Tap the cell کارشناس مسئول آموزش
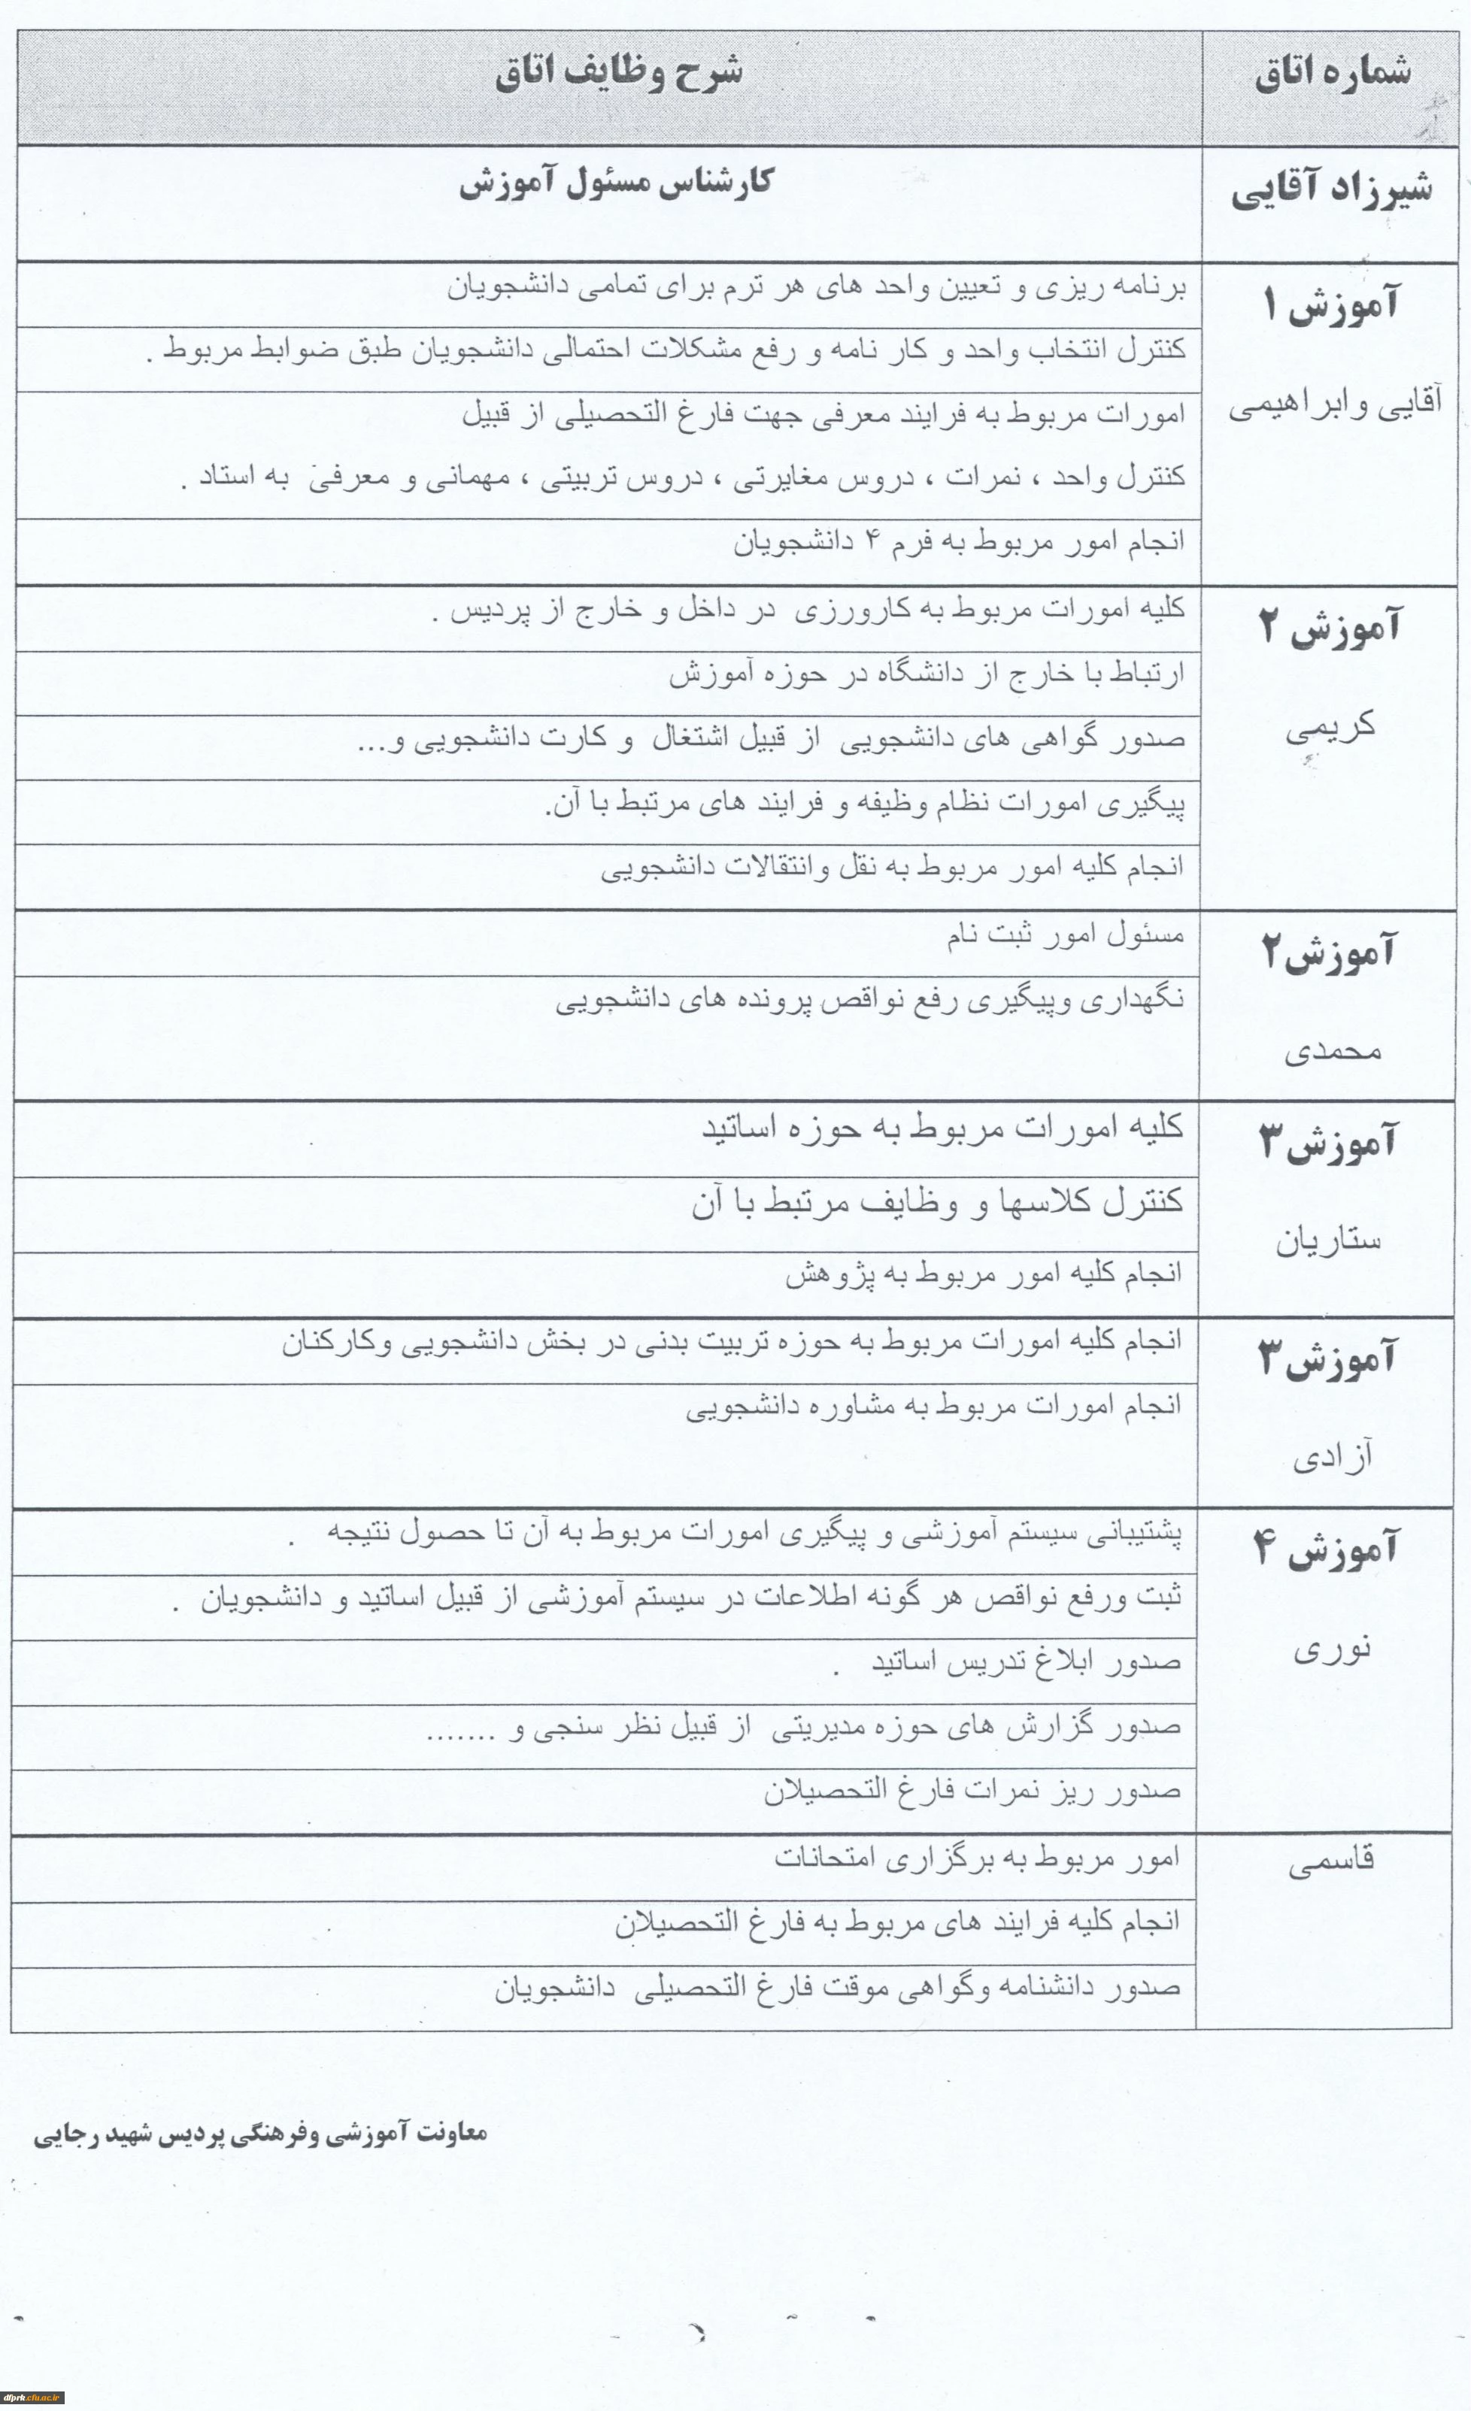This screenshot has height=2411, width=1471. click(x=617, y=183)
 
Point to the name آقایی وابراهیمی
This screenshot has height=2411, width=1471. click(x=1335, y=405)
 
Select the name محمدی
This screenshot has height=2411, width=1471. click(x=1332, y=1051)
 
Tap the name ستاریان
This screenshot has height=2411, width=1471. click(x=1328, y=1240)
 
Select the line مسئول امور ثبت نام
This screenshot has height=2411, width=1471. click(x=1065, y=935)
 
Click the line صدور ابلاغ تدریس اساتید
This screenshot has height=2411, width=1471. click(x=1027, y=1661)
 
